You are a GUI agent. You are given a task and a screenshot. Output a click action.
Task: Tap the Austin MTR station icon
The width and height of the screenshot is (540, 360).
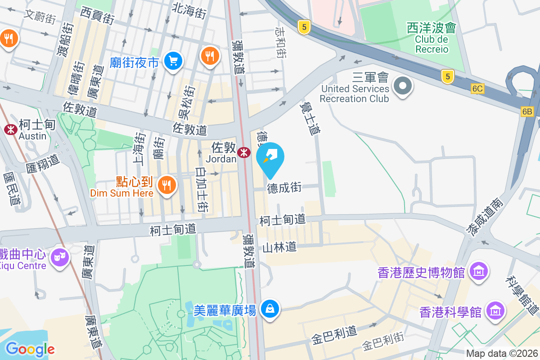point(10,130)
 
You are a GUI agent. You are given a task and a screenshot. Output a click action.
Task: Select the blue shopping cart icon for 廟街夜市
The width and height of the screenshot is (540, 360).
point(173,60)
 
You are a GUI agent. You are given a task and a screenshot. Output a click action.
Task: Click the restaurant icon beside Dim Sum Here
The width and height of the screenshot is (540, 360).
point(166,184)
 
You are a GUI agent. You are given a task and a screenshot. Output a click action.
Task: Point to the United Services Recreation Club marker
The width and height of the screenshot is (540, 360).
point(403,85)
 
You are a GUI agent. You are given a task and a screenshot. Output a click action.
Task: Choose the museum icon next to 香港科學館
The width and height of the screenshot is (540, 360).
point(496,311)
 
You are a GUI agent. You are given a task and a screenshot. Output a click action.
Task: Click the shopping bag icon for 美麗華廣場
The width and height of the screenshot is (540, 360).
point(270,309)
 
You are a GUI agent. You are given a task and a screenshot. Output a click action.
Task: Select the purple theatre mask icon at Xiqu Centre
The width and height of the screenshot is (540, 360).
point(60,258)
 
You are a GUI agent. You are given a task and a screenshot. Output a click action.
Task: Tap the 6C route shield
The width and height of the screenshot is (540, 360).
point(478,89)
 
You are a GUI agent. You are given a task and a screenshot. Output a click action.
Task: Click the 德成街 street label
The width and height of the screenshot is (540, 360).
point(284,188)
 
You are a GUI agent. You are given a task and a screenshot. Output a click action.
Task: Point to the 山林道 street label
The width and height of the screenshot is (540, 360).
point(279,247)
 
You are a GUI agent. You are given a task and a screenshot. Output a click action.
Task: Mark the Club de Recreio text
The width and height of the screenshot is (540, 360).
point(432,44)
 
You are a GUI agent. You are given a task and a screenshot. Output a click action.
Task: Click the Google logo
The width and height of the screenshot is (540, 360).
point(30,349)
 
